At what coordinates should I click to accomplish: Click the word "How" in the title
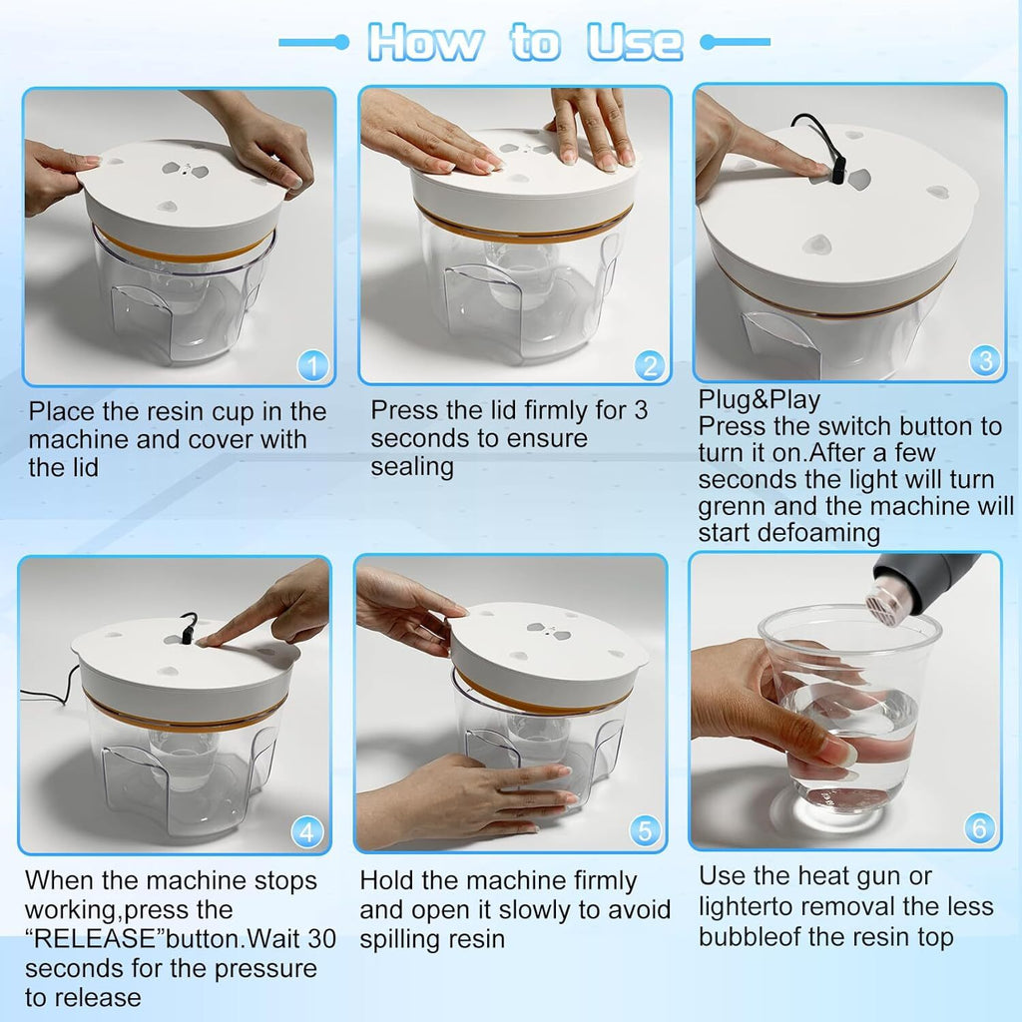(425, 42)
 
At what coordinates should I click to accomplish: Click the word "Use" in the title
(634, 42)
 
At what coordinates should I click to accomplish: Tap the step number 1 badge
(312, 365)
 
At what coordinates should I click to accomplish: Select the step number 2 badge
(649, 365)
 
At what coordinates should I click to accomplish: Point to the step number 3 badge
(985, 360)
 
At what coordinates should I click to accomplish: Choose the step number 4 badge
(307, 831)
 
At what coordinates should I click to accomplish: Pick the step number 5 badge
(645, 830)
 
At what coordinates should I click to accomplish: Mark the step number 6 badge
(980, 827)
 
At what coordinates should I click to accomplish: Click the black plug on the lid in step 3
(837, 170)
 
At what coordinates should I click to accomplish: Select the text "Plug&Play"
(760, 399)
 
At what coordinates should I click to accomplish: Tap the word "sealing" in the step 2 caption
(412, 467)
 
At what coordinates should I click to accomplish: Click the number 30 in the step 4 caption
(322, 938)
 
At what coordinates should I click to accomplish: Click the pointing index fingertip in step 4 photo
(202, 643)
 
